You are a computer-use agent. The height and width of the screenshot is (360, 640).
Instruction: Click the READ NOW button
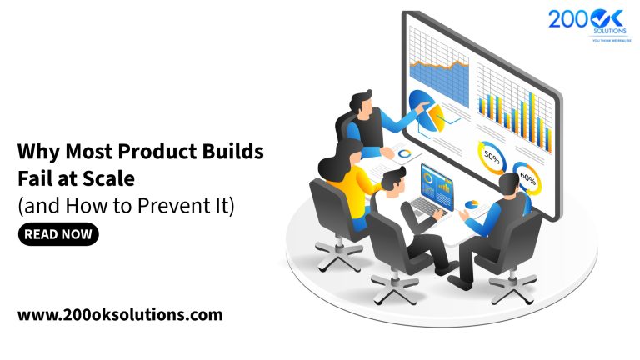point(57,235)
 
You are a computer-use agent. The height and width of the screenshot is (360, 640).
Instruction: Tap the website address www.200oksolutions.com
point(120,315)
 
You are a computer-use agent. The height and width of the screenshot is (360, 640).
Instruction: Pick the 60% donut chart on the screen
point(527,176)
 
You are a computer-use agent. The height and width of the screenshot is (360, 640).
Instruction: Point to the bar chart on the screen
point(516,104)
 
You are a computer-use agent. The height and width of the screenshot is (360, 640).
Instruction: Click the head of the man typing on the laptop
point(392,178)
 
